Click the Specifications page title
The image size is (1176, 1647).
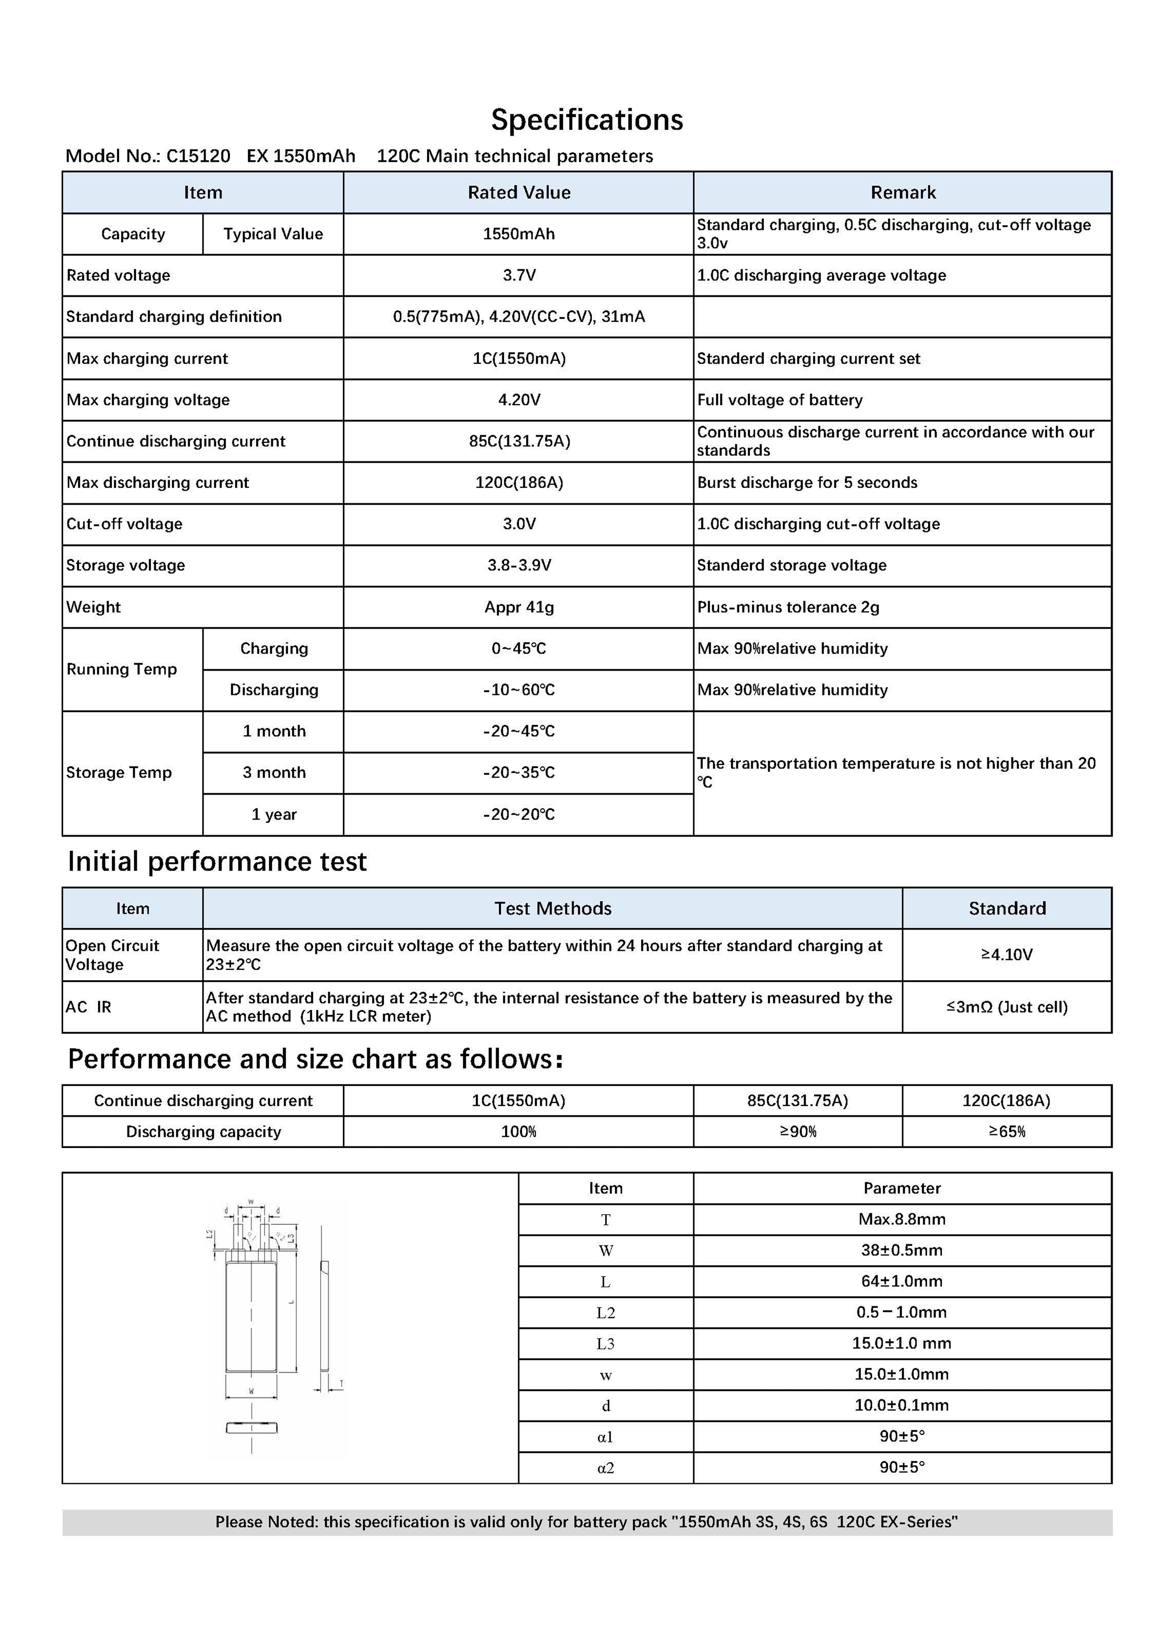[x=587, y=119]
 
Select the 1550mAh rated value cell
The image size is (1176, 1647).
[x=518, y=234]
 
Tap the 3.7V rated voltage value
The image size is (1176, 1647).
[x=518, y=275]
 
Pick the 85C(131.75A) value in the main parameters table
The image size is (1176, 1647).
[x=518, y=441]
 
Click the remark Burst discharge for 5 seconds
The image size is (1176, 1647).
[x=807, y=483]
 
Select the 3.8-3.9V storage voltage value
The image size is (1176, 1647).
[x=518, y=565]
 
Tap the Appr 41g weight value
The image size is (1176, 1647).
[x=518, y=607]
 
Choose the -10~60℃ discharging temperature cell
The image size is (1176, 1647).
[x=518, y=690]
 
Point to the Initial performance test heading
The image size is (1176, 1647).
[x=217, y=861]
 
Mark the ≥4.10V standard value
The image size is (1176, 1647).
[x=1007, y=954]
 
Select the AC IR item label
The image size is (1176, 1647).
[x=89, y=1007]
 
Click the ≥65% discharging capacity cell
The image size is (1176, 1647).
[x=1007, y=1132]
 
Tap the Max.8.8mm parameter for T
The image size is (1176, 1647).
[x=901, y=1219]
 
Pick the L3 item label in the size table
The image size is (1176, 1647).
[x=606, y=1344]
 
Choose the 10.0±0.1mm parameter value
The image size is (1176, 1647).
[x=901, y=1406]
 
